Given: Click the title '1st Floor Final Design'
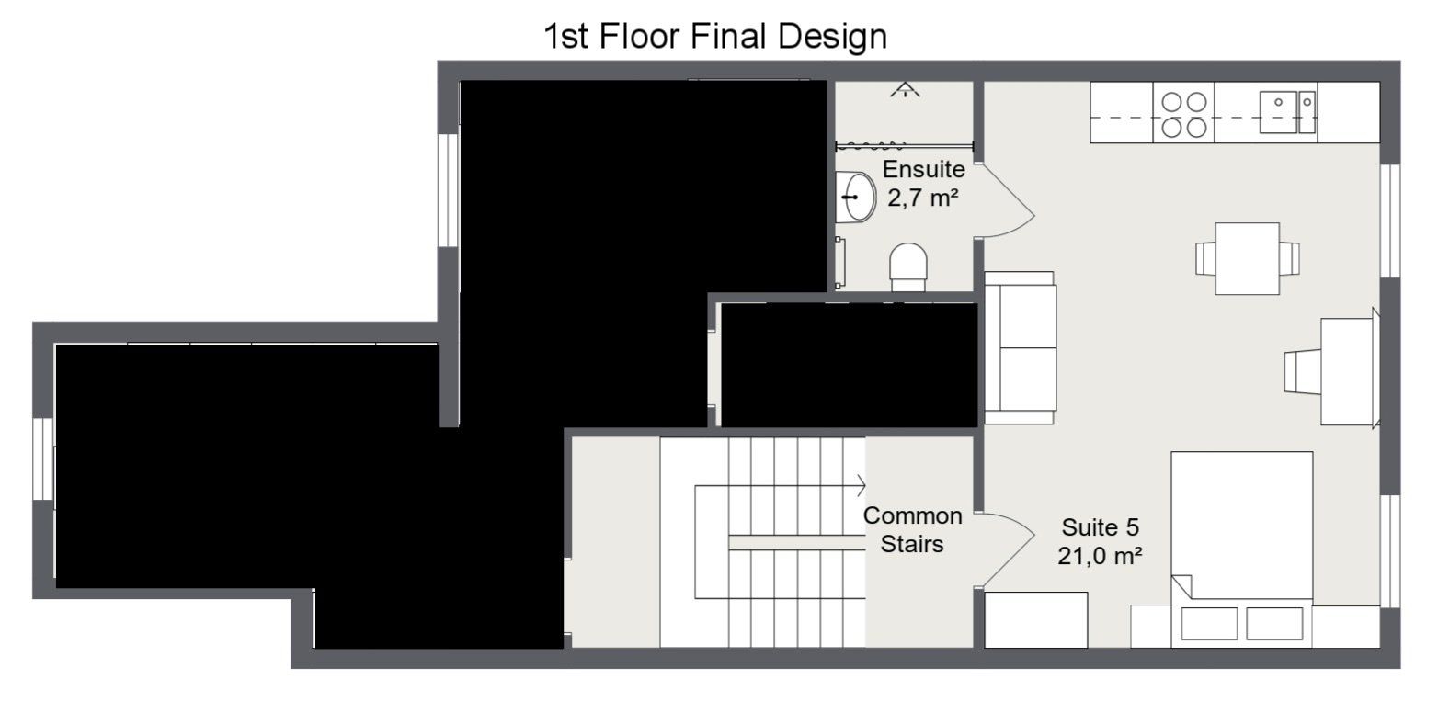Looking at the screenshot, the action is pos(716,36).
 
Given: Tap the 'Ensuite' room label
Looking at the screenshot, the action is pos(924,169).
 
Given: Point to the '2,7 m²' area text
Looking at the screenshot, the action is pos(923,198).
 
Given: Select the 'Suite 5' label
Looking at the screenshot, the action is pos(1101,527).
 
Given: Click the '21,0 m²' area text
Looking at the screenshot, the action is pos(1100,556).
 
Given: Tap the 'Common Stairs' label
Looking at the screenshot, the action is pos(912,530).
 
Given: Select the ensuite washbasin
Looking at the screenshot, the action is pos(856,197).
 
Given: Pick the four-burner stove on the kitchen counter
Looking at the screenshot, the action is pos(1184,113).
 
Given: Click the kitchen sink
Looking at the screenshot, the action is pos(1287,112).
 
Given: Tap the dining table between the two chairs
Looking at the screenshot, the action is pos(1248,258).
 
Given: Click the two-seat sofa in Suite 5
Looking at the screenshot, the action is pos(1020,348).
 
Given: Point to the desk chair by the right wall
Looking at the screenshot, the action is pos(1303,371).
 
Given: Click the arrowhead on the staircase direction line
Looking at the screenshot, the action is pos(861,486).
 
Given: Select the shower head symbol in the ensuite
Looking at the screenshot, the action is pos(905,90).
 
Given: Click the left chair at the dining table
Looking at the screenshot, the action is pos(1205,258).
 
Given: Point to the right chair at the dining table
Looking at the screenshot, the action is pos(1289,258).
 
